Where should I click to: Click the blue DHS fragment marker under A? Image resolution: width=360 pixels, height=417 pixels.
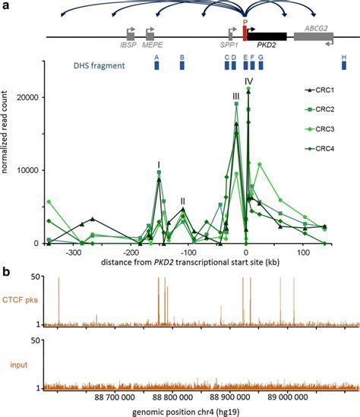(x=157, y=66)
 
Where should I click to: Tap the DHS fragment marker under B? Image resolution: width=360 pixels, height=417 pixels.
(x=182, y=66)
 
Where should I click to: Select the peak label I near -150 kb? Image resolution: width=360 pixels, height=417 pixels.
(x=158, y=163)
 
